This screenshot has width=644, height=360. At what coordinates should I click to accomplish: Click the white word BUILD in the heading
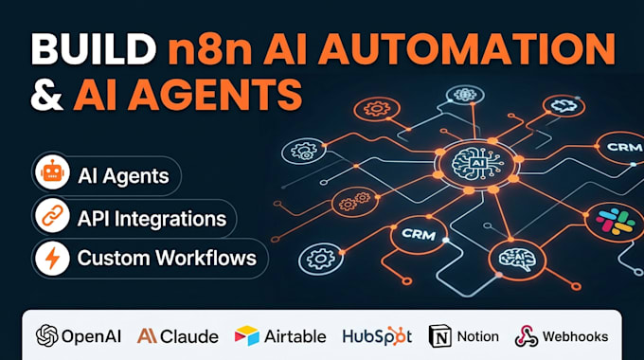coord(94,49)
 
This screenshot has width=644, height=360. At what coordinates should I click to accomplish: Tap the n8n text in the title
coord(210,49)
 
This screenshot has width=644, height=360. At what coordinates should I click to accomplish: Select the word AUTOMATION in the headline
coord(467,49)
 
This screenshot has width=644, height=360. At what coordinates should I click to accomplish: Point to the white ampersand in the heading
coord(46,95)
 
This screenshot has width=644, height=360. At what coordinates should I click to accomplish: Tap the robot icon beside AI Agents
coord(52,171)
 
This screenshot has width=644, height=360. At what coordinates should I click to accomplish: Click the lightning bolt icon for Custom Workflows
coord(52,258)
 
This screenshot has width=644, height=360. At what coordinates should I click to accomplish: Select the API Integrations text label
coord(152,219)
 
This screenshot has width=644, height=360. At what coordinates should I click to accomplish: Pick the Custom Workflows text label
coord(167,258)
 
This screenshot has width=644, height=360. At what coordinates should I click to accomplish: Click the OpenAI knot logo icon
coord(46,335)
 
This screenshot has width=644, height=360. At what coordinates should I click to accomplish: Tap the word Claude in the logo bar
coord(189,336)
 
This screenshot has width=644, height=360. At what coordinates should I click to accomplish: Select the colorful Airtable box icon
coord(247,335)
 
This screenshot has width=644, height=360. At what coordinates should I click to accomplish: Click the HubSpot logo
coord(377,336)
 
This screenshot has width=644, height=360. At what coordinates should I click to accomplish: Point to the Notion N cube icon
coord(439,335)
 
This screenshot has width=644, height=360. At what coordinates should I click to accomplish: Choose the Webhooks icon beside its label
coord(527,335)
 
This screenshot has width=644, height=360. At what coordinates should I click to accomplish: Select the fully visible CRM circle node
coord(419,235)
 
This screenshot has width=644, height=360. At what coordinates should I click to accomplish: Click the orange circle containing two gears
coord(354,202)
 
